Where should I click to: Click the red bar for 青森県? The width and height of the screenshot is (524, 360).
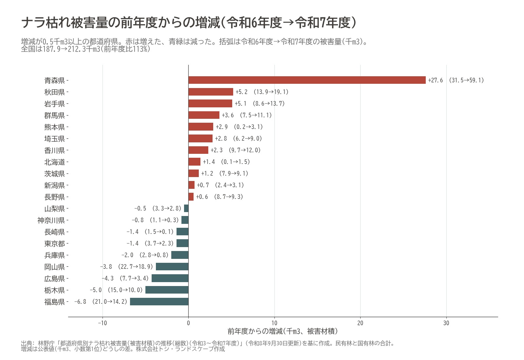(307, 80)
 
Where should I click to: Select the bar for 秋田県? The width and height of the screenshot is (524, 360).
(211, 92)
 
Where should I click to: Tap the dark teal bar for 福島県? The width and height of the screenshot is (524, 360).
(159, 301)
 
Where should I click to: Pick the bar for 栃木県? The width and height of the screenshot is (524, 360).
(167, 290)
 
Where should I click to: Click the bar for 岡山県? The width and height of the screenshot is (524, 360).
(172, 266)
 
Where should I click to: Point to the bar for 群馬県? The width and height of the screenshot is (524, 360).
(204, 115)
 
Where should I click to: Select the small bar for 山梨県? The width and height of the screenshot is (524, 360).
(186, 208)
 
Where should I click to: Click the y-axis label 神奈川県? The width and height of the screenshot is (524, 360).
(51, 220)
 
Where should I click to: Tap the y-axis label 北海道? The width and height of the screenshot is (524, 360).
(55, 162)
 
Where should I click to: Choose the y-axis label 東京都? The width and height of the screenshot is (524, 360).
(55, 243)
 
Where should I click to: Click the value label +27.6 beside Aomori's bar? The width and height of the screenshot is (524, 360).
(435, 80)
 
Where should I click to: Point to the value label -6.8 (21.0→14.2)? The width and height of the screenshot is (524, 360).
(101, 301)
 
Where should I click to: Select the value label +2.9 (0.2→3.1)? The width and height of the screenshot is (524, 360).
(239, 127)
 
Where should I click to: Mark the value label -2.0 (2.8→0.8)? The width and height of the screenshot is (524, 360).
(145, 255)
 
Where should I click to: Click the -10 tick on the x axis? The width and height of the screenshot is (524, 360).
(102, 323)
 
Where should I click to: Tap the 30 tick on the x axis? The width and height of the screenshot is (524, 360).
(446, 323)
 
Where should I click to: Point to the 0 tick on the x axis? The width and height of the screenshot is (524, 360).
(189, 323)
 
